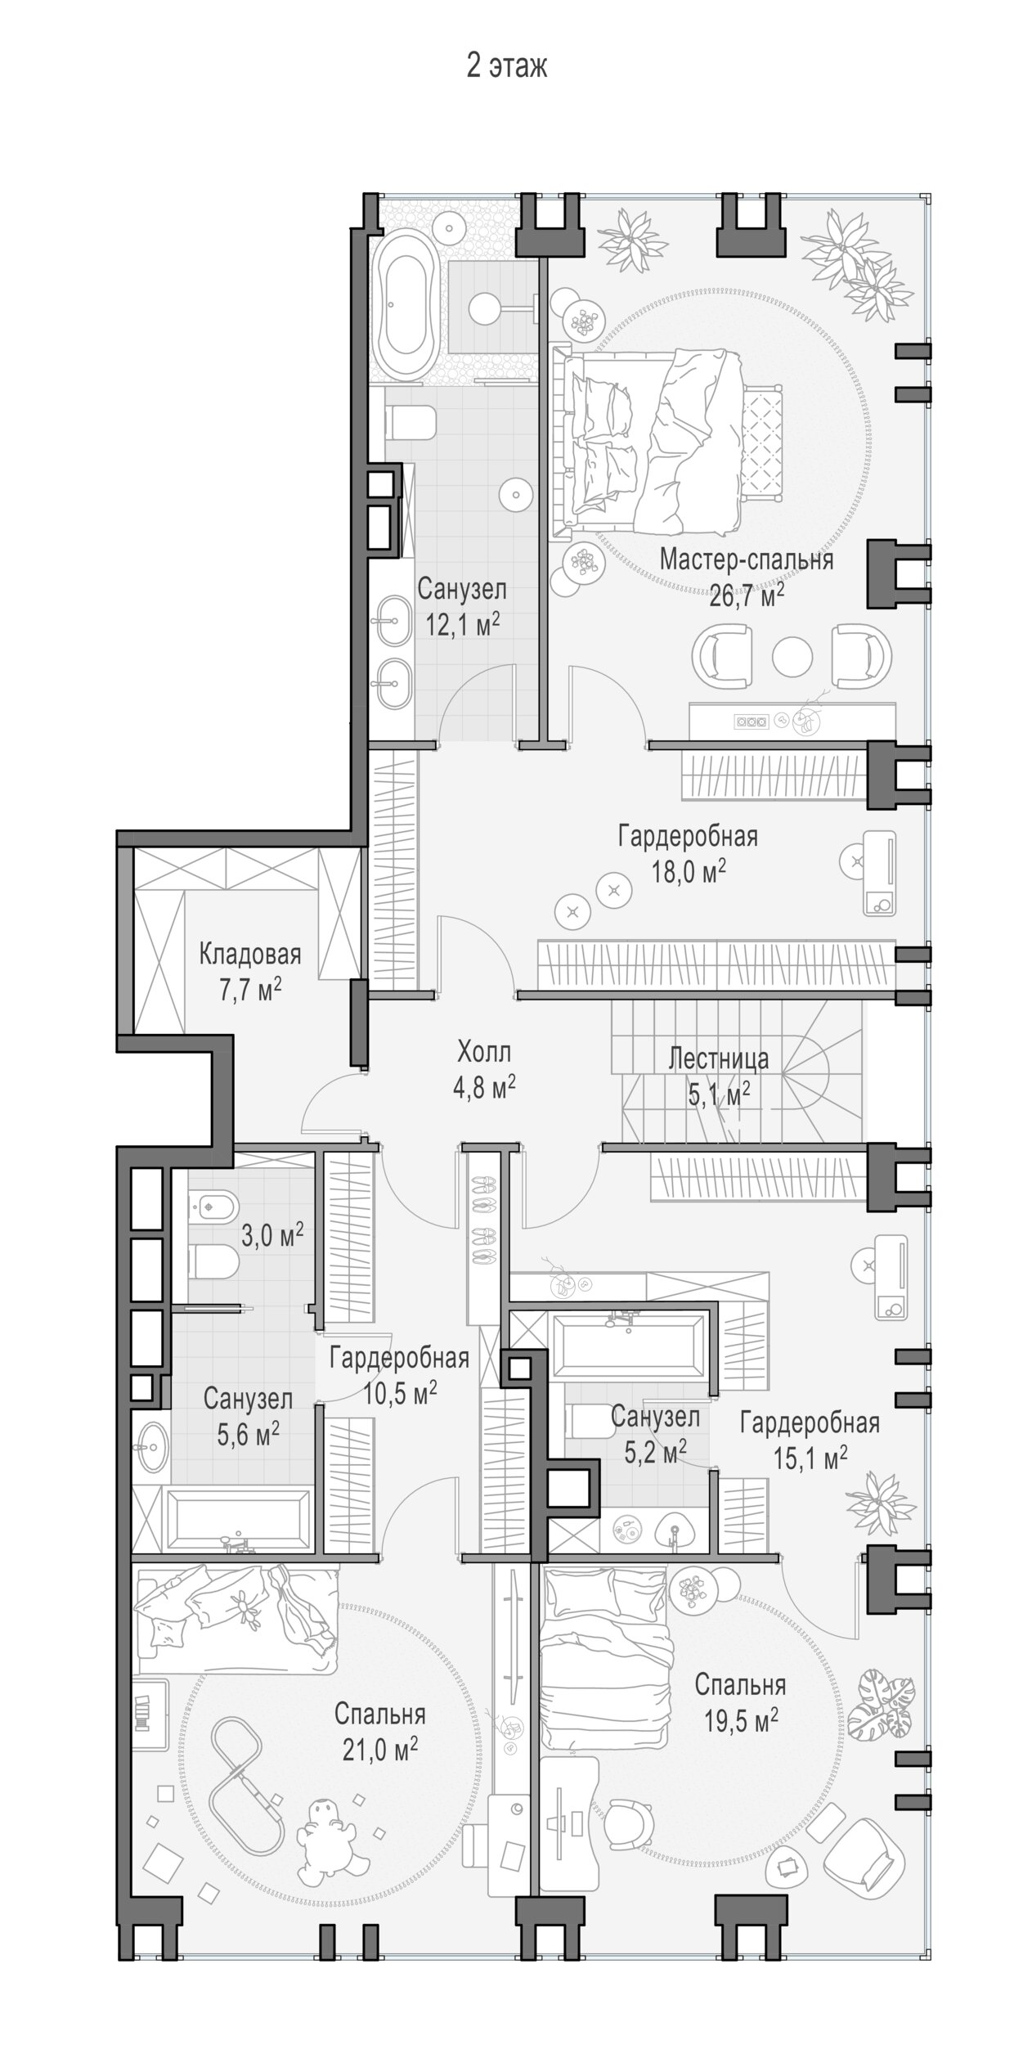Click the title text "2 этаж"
point(506,66)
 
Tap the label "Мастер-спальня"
point(747,560)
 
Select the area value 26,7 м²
point(747,595)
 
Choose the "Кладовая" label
point(250,954)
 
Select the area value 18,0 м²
point(689,871)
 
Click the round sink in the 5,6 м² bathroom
point(150,1449)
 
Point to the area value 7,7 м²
point(250,988)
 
